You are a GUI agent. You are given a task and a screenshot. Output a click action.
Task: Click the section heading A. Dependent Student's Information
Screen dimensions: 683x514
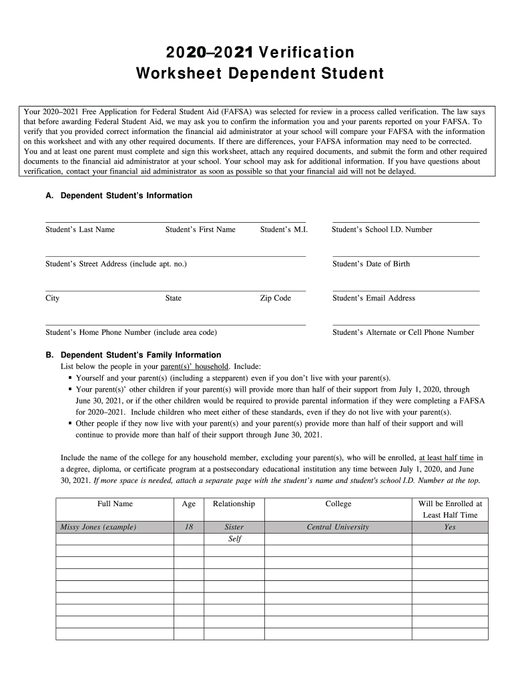119,195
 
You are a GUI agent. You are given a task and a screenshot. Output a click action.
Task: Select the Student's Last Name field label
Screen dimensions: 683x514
80,229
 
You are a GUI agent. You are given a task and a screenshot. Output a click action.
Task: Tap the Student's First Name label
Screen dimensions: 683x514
200,229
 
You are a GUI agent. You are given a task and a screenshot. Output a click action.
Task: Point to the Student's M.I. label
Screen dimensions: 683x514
282,229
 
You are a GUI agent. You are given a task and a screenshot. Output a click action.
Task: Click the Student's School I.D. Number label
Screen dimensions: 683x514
382,229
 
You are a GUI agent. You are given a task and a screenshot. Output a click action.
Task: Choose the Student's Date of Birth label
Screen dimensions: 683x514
371,264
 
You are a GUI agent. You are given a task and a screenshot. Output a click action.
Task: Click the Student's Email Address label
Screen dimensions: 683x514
374,298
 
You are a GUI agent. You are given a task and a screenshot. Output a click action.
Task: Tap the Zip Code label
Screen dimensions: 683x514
275,298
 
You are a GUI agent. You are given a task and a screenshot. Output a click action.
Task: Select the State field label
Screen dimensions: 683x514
173,298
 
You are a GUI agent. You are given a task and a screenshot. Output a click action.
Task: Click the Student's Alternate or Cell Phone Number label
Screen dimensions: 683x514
403,332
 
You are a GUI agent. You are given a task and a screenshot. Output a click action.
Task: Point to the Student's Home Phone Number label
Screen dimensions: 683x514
131,332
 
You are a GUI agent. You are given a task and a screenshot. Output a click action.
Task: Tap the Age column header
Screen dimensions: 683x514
189,504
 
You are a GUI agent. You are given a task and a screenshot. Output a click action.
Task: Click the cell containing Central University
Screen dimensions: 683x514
338,527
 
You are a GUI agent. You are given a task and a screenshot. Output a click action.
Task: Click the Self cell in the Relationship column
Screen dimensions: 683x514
234,539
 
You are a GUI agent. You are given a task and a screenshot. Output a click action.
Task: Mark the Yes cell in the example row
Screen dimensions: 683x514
450,527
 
